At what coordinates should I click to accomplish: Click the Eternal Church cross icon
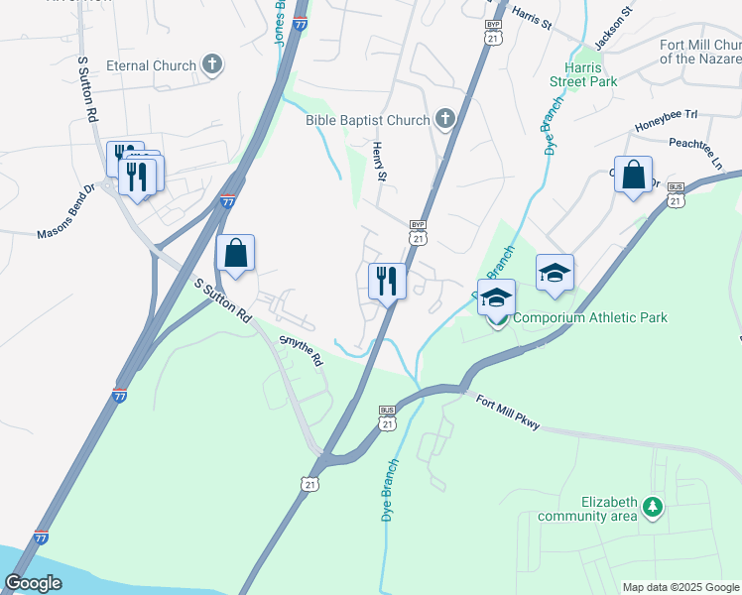point(211,66)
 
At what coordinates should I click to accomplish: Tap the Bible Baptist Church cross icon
point(445,121)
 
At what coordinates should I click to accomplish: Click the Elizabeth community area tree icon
point(652,508)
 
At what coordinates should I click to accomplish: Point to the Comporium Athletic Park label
point(590,318)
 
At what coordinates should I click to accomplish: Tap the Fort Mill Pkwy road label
point(507,412)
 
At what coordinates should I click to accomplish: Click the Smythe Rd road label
point(302,351)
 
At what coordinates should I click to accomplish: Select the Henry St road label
point(378,161)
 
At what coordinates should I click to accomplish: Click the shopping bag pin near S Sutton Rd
point(235,255)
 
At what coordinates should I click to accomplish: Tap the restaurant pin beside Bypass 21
point(386,282)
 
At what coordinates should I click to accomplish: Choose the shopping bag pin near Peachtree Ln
point(633,177)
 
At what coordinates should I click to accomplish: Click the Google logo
point(34,583)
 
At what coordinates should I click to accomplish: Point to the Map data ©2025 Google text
point(680,587)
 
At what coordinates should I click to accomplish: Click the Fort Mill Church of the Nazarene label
point(700,51)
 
